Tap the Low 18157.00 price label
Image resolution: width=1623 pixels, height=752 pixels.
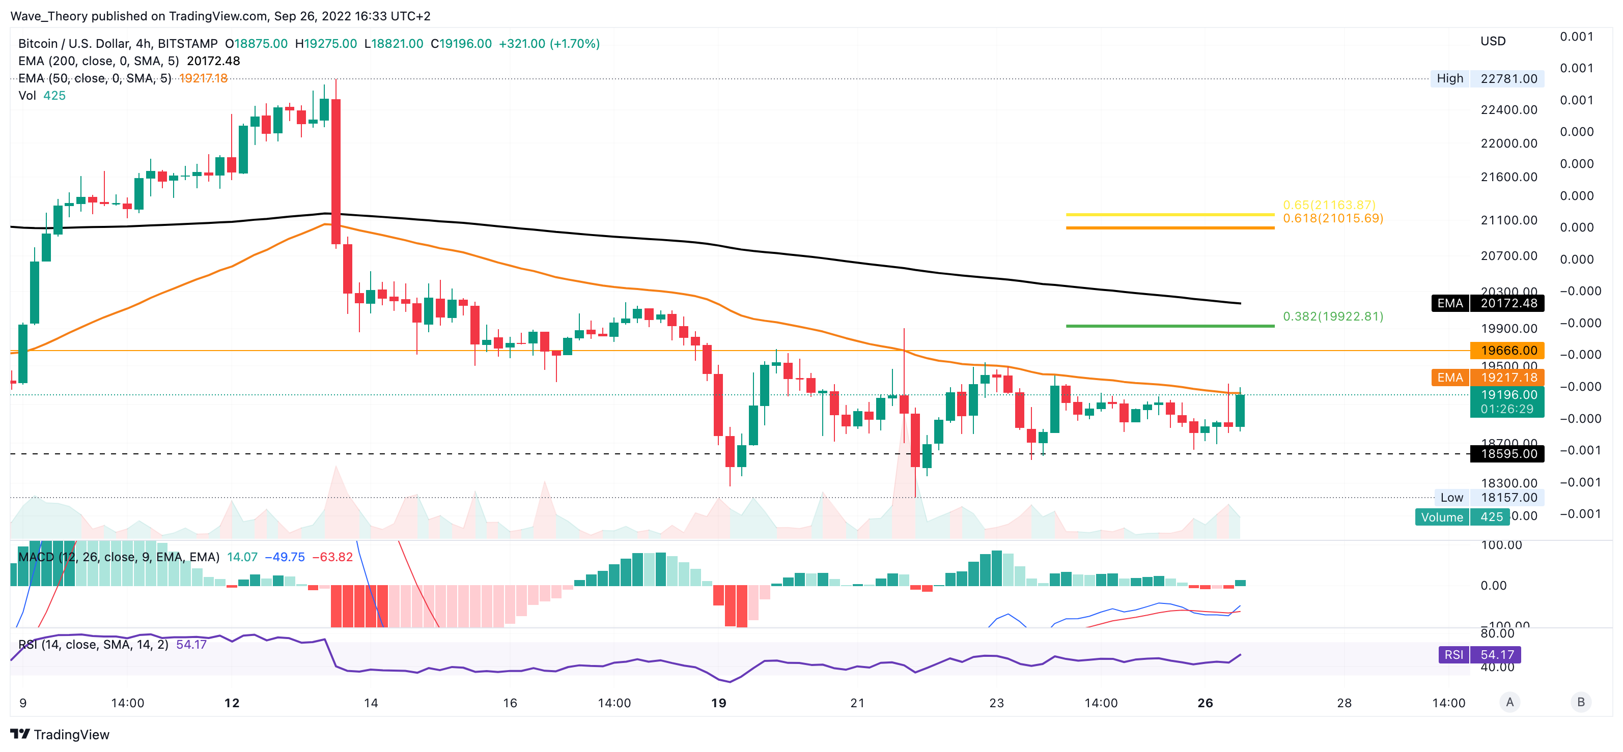click(x=1488, y=498)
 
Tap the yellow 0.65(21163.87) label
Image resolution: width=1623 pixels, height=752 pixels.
click(x=1329, y=205)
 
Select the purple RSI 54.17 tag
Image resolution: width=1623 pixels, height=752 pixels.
click(x=1479, y=654)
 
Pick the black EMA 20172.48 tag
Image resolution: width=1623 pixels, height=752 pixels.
click(x=1487, y=303)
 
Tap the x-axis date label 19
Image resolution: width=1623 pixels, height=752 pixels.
click(x=718, y=703)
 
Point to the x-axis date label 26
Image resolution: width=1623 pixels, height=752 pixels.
click(x=1205, y=703)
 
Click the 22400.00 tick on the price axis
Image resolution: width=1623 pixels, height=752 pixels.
click(x=1508, y=109)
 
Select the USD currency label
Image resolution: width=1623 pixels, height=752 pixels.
click(x=1493, y=41)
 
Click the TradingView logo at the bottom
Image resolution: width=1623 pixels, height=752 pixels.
click(x=60, y=734)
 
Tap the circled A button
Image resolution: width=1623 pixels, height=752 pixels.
click(x=1509, y=702)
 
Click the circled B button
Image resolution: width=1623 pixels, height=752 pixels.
click(x=1581, y=702)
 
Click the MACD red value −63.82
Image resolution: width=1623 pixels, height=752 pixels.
click(x=332, y=557)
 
